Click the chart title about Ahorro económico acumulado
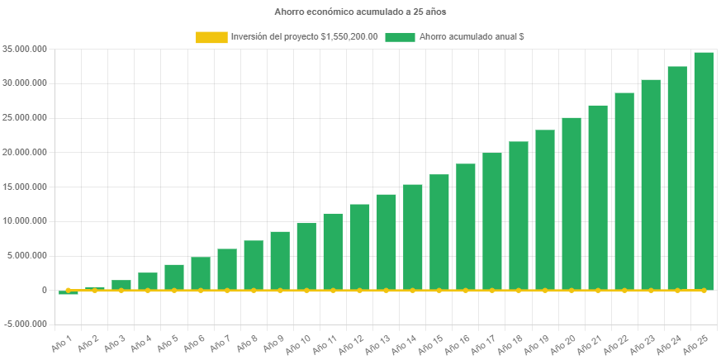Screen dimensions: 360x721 tap(360, 12)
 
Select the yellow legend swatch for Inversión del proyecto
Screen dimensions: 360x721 tap(211, 37)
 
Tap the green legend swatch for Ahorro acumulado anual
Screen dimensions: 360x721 tap(400, 37)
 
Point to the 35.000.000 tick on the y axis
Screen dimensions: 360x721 tap(24, 49)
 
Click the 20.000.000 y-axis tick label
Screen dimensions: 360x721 tap(24, 152)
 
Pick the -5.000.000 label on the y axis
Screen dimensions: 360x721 tap(24, 324)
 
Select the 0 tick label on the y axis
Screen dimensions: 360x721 tap(43, 290)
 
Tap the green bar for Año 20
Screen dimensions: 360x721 tap(572, 203)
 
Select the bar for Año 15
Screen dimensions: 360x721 tap(439, 232)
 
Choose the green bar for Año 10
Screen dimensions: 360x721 tap(306, 256)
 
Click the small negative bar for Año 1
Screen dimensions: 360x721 tap(69, 292)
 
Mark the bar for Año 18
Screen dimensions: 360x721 tap(519, 216)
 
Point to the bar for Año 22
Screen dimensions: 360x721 tap(624, 191)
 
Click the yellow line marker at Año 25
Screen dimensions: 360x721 tap(704, 290)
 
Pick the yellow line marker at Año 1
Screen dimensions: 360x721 tap(69, 290)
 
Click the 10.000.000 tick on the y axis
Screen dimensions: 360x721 tap(24, 221)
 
